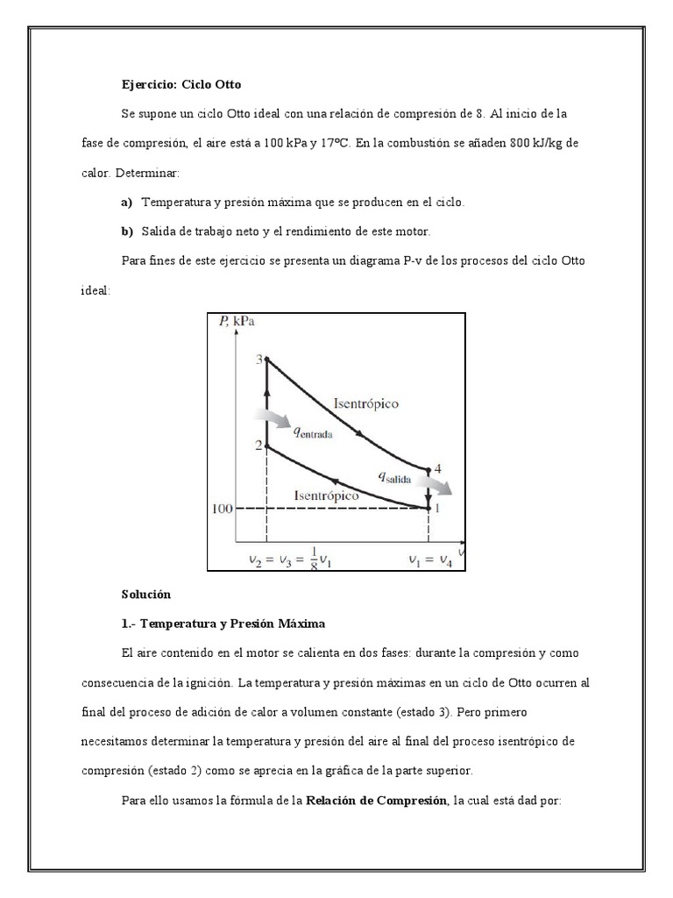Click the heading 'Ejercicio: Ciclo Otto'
point(181,85)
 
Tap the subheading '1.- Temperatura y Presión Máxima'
point(223,624)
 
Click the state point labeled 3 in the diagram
point(266,359)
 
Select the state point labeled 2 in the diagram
point(266,446)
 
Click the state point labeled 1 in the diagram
point(429,507)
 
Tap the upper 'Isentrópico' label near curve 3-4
point(366,403)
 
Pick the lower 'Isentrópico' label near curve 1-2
point(326,495)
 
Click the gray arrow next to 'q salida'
point(436,484)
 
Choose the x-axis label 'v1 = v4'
point(429,559)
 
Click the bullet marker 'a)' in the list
point(126,202)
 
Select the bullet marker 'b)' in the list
point(126,232)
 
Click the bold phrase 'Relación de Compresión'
point(375,801)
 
